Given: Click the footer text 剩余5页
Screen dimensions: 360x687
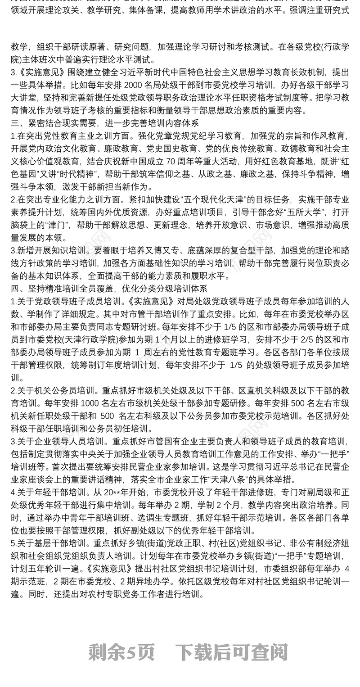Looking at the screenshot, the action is pos(121,651).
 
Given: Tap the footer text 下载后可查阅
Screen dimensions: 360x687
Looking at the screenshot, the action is pos(231,651).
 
